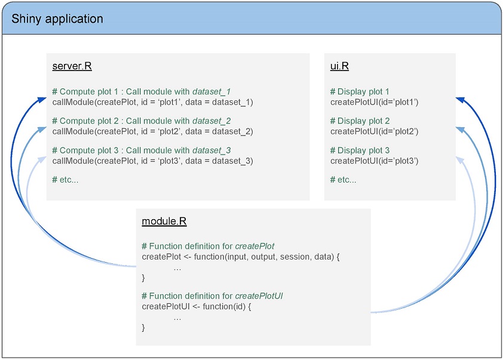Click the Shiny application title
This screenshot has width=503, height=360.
pos(57,19)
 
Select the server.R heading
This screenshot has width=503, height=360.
pos(72,66)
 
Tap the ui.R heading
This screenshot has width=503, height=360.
pos(339,66)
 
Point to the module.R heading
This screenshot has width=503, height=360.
pos(164,221)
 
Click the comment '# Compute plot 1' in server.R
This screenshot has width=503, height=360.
pos(85,92)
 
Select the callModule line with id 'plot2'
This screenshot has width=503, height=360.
pos(153,131)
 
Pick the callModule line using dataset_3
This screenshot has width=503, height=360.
pos(153,161)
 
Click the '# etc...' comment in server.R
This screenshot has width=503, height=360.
pos(65,180)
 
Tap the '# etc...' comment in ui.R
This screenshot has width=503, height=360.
pos(343,180)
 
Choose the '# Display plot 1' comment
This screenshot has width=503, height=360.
pos(360,92)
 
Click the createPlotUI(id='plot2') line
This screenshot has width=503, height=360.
pos(375,131)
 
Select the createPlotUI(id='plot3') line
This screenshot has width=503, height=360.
pos(375,161)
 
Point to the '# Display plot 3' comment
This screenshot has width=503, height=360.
pos(360,150)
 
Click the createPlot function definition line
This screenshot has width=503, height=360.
pos(241,257)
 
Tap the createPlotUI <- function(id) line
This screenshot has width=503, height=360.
pos(197,306)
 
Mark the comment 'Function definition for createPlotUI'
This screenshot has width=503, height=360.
pos(216,296)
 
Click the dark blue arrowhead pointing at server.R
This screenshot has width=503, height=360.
pos(42,100)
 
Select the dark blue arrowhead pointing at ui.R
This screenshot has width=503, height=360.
pos(461,100)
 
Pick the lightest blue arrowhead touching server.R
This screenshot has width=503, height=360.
pos(42,159)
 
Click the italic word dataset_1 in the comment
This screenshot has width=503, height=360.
pos(211,92)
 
